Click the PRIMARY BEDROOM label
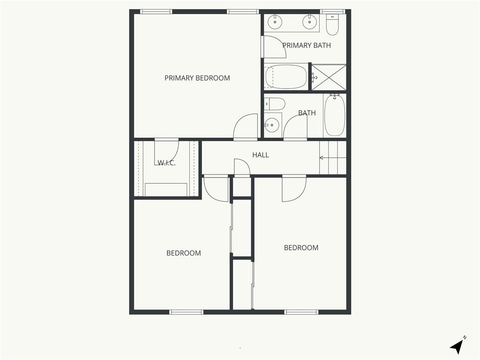point(197,78)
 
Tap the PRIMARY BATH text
point(307,45)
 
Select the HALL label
point(261,155)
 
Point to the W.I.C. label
point(166,163)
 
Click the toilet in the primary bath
point(332,24)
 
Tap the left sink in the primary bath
point(275,22)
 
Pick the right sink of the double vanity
point(309,22)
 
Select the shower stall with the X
point(329,77)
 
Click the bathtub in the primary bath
point(286,76)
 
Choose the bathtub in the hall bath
point(335,115)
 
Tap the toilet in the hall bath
point(275,104)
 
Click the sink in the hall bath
point(271,125)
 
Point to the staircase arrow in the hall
point(333,158)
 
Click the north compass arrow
point(457,346)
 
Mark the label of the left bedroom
point(184,253)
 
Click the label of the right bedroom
point(301,247)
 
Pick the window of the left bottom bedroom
point(187,312)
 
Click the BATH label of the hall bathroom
point(307,113)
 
